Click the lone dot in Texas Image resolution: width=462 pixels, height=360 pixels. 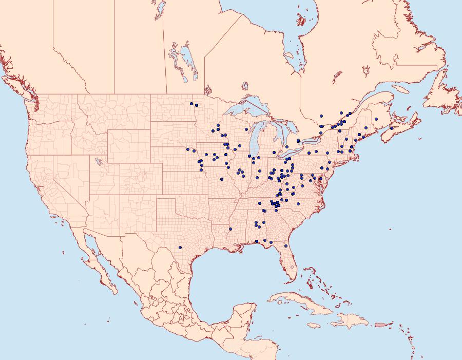pyautogui.click(x=180, y=248)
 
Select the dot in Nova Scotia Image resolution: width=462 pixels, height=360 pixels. pyautogui.click(x=392, y=128)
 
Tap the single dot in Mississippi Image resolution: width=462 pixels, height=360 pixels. pyautogui.click(x=230, y=228)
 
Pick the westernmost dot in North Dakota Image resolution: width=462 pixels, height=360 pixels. pyautogui.click(x=191, y=104)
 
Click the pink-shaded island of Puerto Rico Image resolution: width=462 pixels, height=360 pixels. pyautogui.click(x=380, y=324)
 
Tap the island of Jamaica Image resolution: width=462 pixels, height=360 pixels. pyautogui.click(x=315, y=325)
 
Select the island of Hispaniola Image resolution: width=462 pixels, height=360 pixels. pyautogui.click(x=352, y=321)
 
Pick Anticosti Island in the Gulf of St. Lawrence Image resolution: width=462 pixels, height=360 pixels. pyautogui.click(x=403, y=89)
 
